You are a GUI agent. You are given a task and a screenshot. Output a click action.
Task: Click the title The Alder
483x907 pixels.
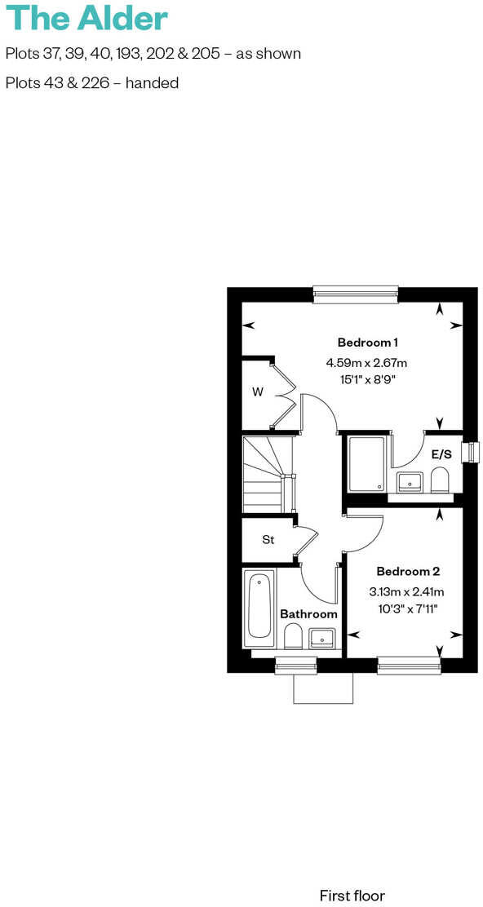click(x=86, y=18)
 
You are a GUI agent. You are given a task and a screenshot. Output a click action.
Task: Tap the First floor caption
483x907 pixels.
click(x=352, y=895)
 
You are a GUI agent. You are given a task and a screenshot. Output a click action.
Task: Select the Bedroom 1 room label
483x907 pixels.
click(x=367, y=342)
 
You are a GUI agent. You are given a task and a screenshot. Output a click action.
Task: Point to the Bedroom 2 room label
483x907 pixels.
click(x=402, y=571)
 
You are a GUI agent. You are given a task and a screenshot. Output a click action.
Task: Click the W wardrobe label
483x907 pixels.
click(x=258, y=392)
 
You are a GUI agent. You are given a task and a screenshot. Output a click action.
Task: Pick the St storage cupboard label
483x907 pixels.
click(x=268, y=539)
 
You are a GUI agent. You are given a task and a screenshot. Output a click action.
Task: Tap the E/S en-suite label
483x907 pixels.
click(x=441, y=453)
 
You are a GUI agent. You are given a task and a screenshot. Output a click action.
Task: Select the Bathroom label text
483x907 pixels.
click(x=308, y=613)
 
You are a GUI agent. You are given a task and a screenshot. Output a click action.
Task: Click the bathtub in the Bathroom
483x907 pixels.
click(x=259, y=607)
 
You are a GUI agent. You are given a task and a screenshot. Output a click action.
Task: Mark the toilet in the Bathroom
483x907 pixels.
click(x=293, y=636)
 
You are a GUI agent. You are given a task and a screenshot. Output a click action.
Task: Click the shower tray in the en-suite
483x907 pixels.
click(x=367, y=464)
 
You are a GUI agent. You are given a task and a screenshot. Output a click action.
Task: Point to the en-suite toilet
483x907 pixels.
click(x=440, y=480)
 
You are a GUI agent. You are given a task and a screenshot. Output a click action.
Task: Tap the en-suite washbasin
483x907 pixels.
click(x=409, y=482)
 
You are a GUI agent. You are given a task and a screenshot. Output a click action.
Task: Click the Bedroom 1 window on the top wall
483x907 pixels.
click(x=355, y=294)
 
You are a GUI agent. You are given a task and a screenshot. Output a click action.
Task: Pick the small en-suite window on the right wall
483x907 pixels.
click(x=471, y=452)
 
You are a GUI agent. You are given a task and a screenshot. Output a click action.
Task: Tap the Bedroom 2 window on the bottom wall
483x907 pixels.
click(x=409, y=666)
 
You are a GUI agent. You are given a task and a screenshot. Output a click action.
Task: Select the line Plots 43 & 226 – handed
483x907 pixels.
click(x=91, y=82)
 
